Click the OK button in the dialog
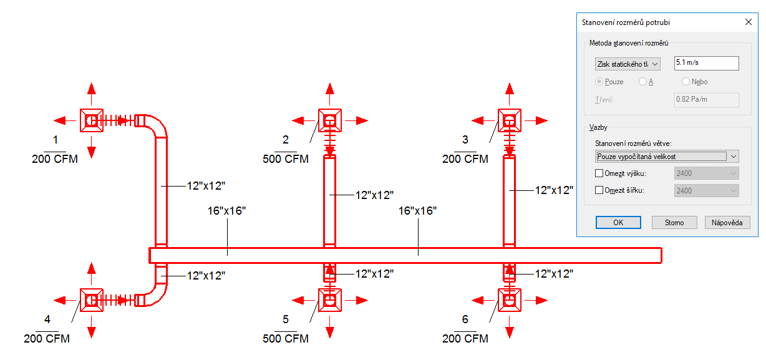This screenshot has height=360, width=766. [x=618, y=223]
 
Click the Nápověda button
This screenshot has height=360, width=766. [x=727, y=223]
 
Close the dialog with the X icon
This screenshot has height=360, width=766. [x=748, y=22]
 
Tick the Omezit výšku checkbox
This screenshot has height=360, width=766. [x=599, y=173]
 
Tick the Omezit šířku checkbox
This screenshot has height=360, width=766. [x=599, y=190]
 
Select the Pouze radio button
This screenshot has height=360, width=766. [x=599, y=82]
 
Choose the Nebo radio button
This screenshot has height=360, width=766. [x=686, y=82]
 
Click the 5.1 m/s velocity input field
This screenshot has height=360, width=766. [x=707, y=63]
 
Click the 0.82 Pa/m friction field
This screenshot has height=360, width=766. [x=707, y=100]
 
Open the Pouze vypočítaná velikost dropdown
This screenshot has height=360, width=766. [x=666, y=157]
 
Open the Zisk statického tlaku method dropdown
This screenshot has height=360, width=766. [x=628, y=64]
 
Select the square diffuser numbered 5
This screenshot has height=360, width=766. [x=329, y=300]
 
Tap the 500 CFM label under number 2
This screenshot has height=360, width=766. [x=286, y=159]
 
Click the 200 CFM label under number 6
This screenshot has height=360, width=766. [x=465, y=338]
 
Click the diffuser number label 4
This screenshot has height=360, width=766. [x=47, y=319]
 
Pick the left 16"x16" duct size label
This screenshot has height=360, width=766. [x=226, y=211]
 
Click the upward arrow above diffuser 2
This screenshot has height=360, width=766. [x=330, y=94]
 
